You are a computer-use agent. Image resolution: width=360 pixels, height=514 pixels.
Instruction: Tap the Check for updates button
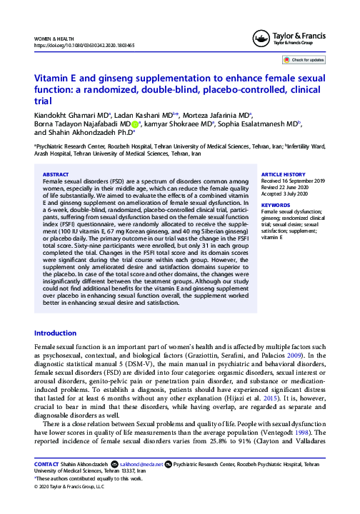306,61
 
